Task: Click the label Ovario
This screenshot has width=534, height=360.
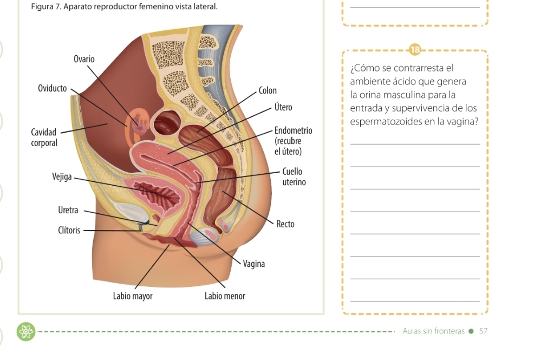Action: pos(84,58)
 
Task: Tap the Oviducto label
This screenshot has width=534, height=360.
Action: pos(53,88)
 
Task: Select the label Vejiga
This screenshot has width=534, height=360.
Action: pos(62,176)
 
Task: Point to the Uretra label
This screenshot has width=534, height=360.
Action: pos(68,210)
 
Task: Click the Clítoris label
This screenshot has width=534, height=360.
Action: pos(69,231)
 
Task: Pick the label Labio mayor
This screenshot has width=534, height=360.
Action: pos(133,296)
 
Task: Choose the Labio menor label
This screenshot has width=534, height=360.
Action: pos(225,296)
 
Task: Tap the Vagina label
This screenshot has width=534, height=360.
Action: pos(254,264)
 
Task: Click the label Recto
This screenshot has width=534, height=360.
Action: pos(285,224)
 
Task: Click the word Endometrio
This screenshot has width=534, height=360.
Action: pos(294,130)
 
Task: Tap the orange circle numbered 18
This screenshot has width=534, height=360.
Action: pos(415,50)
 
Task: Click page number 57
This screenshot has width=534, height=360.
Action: pos(483,331)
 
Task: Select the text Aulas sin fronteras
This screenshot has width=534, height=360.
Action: pos(434,331)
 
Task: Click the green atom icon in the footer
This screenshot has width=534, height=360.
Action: pos(25,331)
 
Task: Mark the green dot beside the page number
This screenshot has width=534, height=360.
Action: pos(471,331)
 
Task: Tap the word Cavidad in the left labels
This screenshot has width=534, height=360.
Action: pos(43,132)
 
